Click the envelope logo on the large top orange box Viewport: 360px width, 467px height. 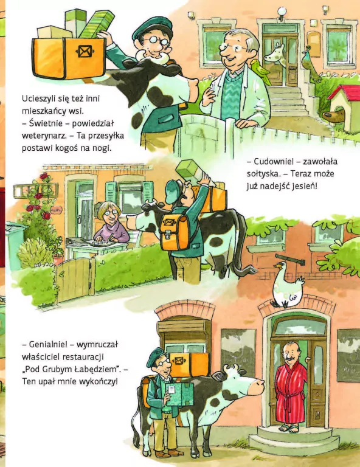[81, 51]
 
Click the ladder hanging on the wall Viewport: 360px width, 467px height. [28, 191]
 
